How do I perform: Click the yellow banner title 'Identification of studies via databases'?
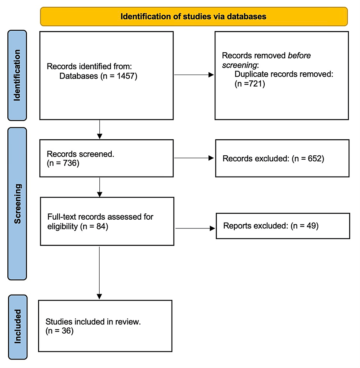194,16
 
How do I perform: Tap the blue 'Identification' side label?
17,75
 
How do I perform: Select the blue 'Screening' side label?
17,204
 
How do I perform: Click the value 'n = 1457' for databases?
118,76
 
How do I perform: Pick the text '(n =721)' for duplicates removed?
249,84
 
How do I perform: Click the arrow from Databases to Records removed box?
194,75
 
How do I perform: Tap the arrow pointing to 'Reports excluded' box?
195,228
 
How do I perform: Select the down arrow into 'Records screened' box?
99,129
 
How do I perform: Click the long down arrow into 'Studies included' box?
99,272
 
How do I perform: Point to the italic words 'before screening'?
267,60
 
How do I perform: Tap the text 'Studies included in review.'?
93,322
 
